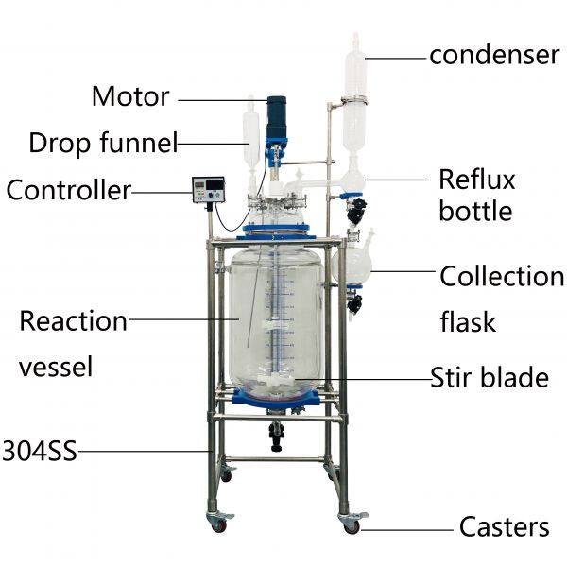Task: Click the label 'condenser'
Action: pos(494,55)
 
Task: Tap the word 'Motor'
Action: pos(130,96)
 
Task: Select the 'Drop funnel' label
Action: pos(103,144)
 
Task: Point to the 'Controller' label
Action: pos(68,190)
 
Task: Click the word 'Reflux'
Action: pos(476,178)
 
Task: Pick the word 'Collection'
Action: pos(502,277)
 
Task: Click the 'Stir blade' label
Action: pos(490,378)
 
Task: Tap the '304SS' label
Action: pos(39,450)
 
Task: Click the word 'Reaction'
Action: pos(73,321)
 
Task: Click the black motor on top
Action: pos(276,117)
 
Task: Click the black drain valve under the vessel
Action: pos(277,434)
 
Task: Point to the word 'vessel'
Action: pos(57,367)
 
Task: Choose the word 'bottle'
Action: pos(475,210)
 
